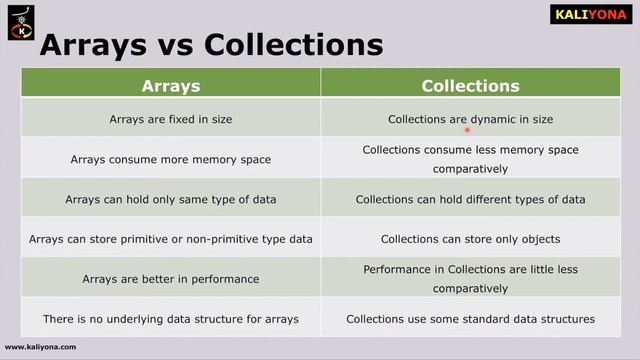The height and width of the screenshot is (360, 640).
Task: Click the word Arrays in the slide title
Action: click(90, 46)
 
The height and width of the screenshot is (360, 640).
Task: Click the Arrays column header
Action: click(171, 86)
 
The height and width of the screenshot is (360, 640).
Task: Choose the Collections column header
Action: click(470, 86)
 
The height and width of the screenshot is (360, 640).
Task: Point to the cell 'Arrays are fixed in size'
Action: click(171, 119)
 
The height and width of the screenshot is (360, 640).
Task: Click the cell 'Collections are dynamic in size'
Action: click(470, 119)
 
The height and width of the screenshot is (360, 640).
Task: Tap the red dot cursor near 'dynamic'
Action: click(467, 129)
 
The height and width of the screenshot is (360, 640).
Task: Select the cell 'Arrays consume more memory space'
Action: click(171, 159)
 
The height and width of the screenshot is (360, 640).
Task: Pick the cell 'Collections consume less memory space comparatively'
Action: click(470, 159)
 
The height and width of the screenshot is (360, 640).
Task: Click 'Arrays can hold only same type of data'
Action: click(171, 199)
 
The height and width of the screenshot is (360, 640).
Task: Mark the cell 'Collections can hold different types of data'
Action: click(470, 199)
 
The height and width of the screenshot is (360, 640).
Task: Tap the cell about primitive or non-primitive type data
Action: click(171, 239)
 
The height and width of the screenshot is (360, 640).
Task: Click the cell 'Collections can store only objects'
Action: click(470, 239)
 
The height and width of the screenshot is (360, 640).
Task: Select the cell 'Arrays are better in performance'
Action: click(171, 279)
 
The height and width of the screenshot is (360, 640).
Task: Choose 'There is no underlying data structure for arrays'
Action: click(171, 319)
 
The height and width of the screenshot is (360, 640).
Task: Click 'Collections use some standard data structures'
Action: click(470, 319)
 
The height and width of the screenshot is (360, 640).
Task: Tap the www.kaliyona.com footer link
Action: click(40, 347)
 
